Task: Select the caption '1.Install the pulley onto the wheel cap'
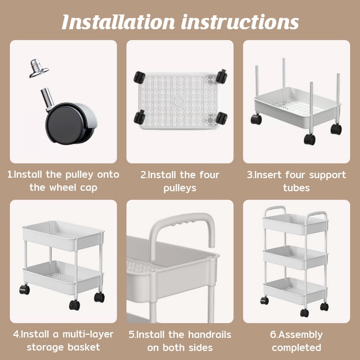(63, 180)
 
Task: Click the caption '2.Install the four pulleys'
(180, 180)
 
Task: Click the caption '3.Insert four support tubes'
(296, 180)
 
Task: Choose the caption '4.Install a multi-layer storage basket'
(63, 341)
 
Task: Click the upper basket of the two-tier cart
(63, 235)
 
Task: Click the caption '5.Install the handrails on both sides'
(180, 341)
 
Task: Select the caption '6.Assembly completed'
(296, 341)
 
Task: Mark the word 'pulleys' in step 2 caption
(180, 188)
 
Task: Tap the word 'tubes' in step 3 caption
(296, 188)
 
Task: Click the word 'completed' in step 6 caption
(296, 347)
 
